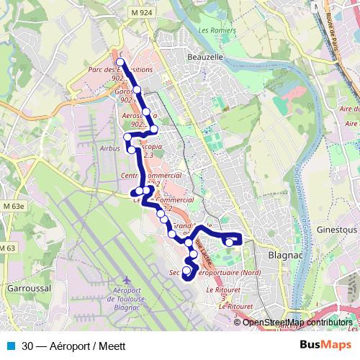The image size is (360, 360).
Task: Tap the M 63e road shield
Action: (12, 206)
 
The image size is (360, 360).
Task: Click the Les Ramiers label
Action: (212, 30)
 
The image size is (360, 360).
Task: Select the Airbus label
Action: (110, 148)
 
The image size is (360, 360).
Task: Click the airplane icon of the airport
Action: (127, 279)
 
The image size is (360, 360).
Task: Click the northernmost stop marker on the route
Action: (120, 62)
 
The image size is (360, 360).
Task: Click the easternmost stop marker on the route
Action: (229, 243)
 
